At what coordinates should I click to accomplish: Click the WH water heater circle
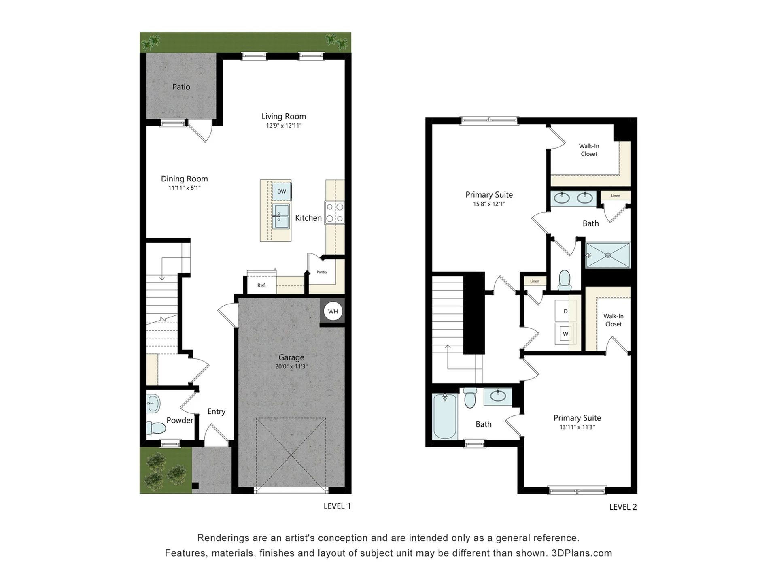pos(333,311)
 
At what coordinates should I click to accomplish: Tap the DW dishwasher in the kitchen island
pos(282,191)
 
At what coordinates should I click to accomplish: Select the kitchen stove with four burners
pos(335,213)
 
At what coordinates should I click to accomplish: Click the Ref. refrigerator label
pos(261,285)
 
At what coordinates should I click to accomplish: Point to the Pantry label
pos(322,272)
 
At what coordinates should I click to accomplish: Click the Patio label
pos(181,87)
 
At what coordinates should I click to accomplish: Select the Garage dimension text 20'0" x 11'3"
pos(291,366)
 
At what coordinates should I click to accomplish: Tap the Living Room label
pos(284,116)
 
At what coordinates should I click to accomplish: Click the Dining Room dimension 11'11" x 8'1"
pos(185,188)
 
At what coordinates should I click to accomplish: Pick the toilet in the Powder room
pos(156,428)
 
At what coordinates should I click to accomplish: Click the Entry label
pos(217,411)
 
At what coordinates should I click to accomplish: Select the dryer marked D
pos(565,311)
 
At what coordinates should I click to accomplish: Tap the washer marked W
pos(565,334)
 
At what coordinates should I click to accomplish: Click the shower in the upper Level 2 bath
pos(608,255)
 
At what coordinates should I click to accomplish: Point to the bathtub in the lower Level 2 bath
pos(445,417)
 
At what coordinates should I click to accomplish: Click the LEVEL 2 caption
pos(623,507)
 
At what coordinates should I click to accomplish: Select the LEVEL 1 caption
pos(337,506)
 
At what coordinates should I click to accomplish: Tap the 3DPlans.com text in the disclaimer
pos(582,553)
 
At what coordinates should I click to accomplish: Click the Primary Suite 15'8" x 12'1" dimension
pos(489,204)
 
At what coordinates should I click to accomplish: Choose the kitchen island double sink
pos(280,216)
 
